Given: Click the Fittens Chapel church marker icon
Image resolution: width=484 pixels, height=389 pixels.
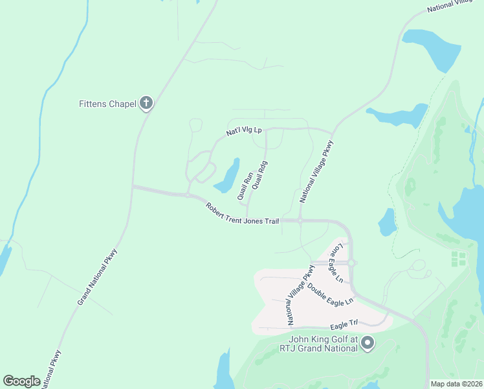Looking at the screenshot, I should [x=146, y=102].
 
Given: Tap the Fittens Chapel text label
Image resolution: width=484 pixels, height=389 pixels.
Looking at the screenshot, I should [x=107, y=104].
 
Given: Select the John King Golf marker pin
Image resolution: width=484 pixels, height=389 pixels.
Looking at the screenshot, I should [x=368, y=342].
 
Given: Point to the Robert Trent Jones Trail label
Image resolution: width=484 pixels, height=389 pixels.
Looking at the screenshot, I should [x=242, y=214].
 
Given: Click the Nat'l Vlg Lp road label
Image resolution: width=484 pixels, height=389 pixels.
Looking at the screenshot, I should [x=243, y=131].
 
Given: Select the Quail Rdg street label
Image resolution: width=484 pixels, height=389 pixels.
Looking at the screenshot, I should [x=259, y=175].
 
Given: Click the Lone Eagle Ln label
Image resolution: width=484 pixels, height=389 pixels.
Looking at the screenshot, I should [x=337, y=263].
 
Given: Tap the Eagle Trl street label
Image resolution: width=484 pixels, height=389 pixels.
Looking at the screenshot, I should [x=344, y=322].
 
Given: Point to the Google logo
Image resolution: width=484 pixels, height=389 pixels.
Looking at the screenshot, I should [x=22, y=381].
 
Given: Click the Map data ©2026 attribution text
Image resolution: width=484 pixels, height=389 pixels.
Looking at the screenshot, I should [x=456, y=384].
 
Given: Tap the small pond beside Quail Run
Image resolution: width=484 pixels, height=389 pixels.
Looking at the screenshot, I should [x=228, y=176].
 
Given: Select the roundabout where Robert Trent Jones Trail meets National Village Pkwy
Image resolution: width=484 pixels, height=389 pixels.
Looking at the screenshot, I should [x=301, y=220].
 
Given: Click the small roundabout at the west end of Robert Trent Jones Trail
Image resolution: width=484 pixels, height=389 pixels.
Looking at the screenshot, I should [x=186, y=195].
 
